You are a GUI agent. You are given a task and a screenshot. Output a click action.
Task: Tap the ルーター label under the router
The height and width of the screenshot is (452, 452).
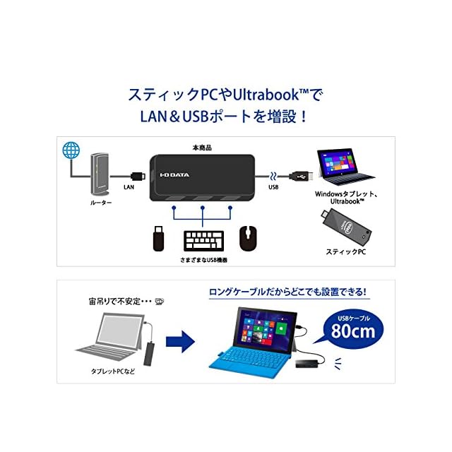(x=102, y=203)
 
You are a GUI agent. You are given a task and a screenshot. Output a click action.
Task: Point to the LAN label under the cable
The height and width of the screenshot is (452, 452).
(x=129, y=187)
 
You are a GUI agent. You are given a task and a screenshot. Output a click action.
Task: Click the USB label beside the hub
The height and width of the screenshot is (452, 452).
(x=274, y=187)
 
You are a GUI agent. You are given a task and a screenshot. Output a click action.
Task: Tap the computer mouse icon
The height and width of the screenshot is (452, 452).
(x=248, y=239)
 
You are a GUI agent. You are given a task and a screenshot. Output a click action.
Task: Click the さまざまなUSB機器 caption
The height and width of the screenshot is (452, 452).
(x=204, y=261)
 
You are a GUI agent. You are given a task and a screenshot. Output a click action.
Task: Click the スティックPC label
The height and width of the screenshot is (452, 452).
(x=344, y=251)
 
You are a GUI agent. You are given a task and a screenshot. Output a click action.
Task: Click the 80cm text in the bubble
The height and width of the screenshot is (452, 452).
(x=353, y=331)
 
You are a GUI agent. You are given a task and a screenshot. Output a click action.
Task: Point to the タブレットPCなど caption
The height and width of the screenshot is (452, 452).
(x=112, y=371)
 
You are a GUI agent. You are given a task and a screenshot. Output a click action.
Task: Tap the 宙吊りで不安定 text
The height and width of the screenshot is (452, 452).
(x=115, y=299)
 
